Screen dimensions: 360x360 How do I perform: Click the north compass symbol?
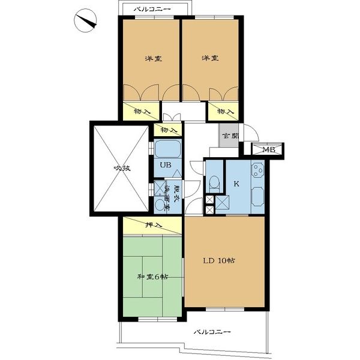tap(85, 20)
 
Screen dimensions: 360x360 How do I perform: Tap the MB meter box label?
tap(269, 150)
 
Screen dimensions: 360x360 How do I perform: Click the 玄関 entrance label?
tap(230, 136)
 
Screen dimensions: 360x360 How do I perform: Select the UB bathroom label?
tap(166, 164)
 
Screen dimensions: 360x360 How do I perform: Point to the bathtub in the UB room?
tap(167, 149)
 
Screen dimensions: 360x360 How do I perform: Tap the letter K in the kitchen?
tap(236, 184)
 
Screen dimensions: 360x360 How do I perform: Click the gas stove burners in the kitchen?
tap(257, 170)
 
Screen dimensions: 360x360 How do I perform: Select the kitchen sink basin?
tap(258, 197)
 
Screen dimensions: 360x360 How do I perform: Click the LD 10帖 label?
tap(219, 260)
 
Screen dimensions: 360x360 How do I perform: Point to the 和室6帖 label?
tap(152, 277)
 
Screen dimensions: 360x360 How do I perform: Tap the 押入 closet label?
tap(154, 225)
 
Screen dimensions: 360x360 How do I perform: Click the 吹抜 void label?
tap(122, 168)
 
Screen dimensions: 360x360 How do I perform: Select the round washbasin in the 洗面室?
tap(160, 204)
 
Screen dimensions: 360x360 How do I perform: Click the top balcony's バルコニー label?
tap(152, 9)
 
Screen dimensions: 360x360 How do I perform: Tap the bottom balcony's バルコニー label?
tap(212, 332)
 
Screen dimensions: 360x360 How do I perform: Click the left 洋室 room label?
tap(154, 59)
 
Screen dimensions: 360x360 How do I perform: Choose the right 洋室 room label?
tap(210, 58)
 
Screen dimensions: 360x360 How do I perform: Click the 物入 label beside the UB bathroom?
tap(169, 130)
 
